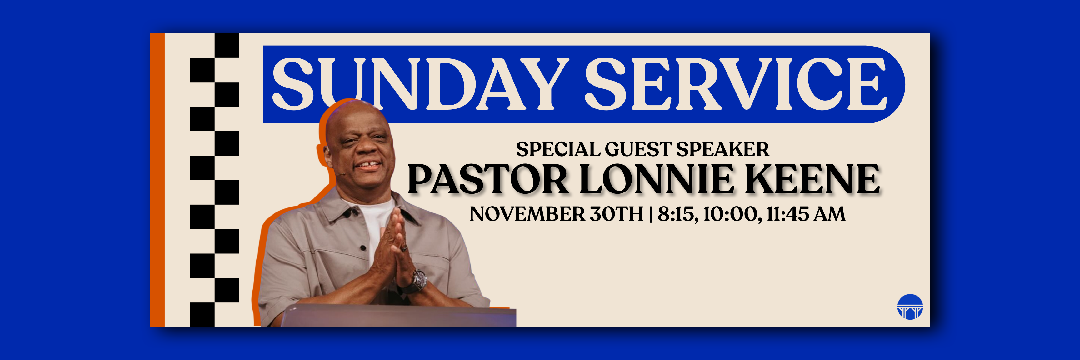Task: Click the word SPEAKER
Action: (x=723, y=150)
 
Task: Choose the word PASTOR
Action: (x=488, y=179)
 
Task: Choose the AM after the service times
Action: (x=830, y=214)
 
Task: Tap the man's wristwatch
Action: (x=418, y=280)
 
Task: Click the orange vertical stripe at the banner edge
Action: (x=157, y=180)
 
